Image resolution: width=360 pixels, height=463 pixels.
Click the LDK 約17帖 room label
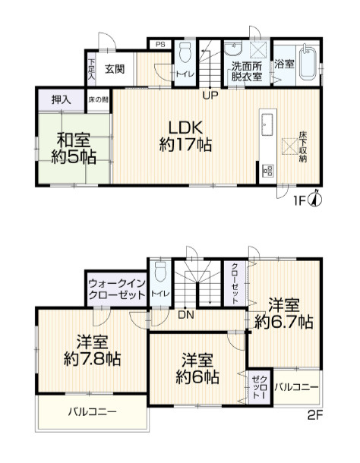pyautogui.click(x=185, y=134)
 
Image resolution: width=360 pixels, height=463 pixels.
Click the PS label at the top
pyautogui.click(x=160, y=45)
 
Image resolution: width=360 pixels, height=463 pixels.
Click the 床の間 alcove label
pyautogui.click(x=98, y=99)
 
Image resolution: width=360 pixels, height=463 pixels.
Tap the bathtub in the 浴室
pyautogui.click(x=308, y=62)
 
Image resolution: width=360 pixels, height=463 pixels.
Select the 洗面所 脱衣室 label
pyautogui.click(x=247, y=71)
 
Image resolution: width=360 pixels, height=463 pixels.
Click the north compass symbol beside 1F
pyautogui.click(x=317, y=199)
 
